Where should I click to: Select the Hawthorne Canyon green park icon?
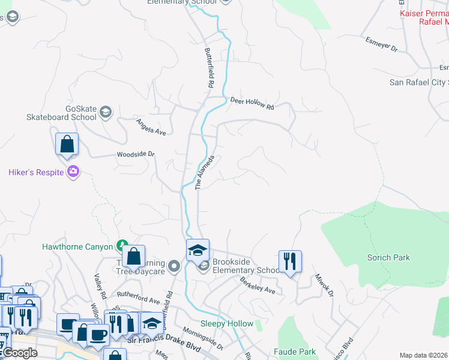[122, 245]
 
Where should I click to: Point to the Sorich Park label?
[388, 257]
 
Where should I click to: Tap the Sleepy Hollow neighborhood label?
[226, 323]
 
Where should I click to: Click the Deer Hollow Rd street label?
[252, 103]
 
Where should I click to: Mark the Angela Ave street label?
[151, 127]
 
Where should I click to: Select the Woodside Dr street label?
[136, 154]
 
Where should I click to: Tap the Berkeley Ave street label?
[257, 285]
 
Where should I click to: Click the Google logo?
[19, 353]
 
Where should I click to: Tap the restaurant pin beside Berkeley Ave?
[290, 262]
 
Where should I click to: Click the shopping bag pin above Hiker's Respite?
[67, 145]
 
